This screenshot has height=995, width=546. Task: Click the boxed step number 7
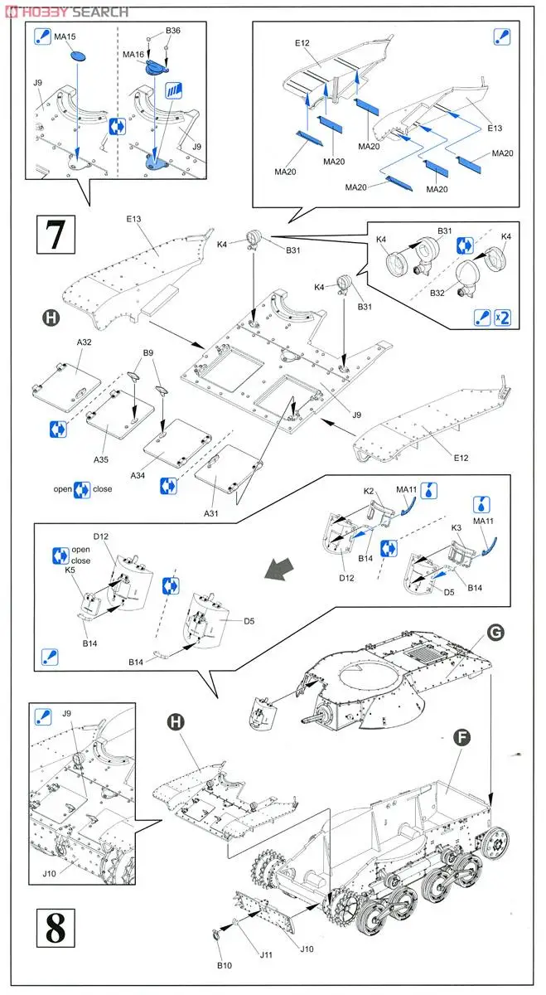[x=56, y=235]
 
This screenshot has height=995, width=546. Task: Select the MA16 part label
[x=133, y=54]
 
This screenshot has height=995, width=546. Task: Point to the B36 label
[x=172, y=31]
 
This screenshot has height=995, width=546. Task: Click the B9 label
[x=148, y=352]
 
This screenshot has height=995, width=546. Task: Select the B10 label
[x=225, y=964]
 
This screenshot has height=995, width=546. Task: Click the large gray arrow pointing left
[x=279, y=570]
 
